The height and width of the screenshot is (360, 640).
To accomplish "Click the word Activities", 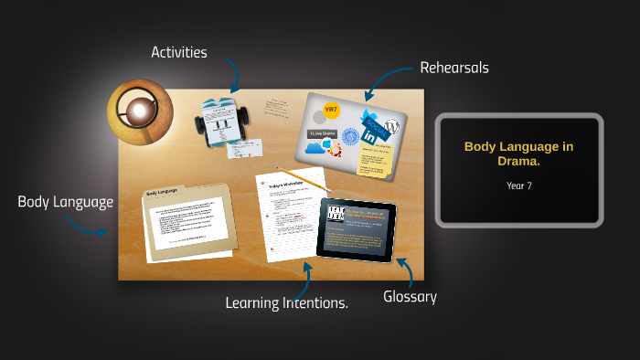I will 179,52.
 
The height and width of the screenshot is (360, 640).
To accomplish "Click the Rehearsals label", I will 454,68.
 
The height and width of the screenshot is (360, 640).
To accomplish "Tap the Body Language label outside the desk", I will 66,201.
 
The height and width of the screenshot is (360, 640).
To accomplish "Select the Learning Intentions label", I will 287,302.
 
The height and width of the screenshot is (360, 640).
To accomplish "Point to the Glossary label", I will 410,296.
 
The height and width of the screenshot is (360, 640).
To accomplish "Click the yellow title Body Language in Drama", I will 518,153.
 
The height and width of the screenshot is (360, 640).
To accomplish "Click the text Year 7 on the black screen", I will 518,185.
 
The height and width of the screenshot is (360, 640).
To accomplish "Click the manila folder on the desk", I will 187,219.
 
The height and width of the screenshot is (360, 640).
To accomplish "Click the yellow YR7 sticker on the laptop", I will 332,111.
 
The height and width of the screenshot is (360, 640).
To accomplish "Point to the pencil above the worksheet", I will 302,178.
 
